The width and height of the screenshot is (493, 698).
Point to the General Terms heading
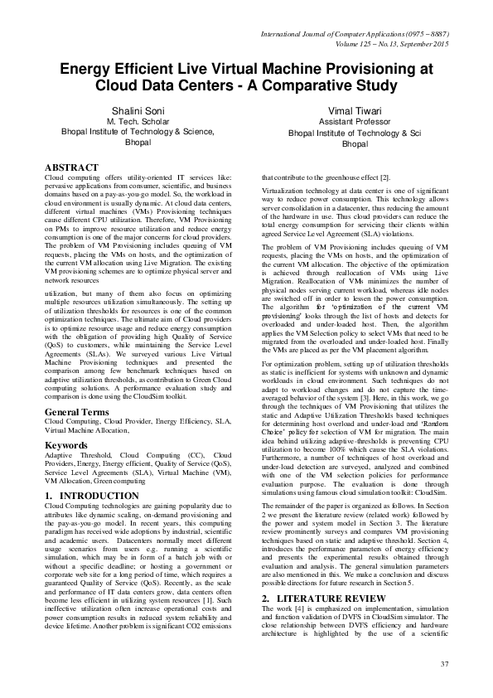click(x=79, y=412)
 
